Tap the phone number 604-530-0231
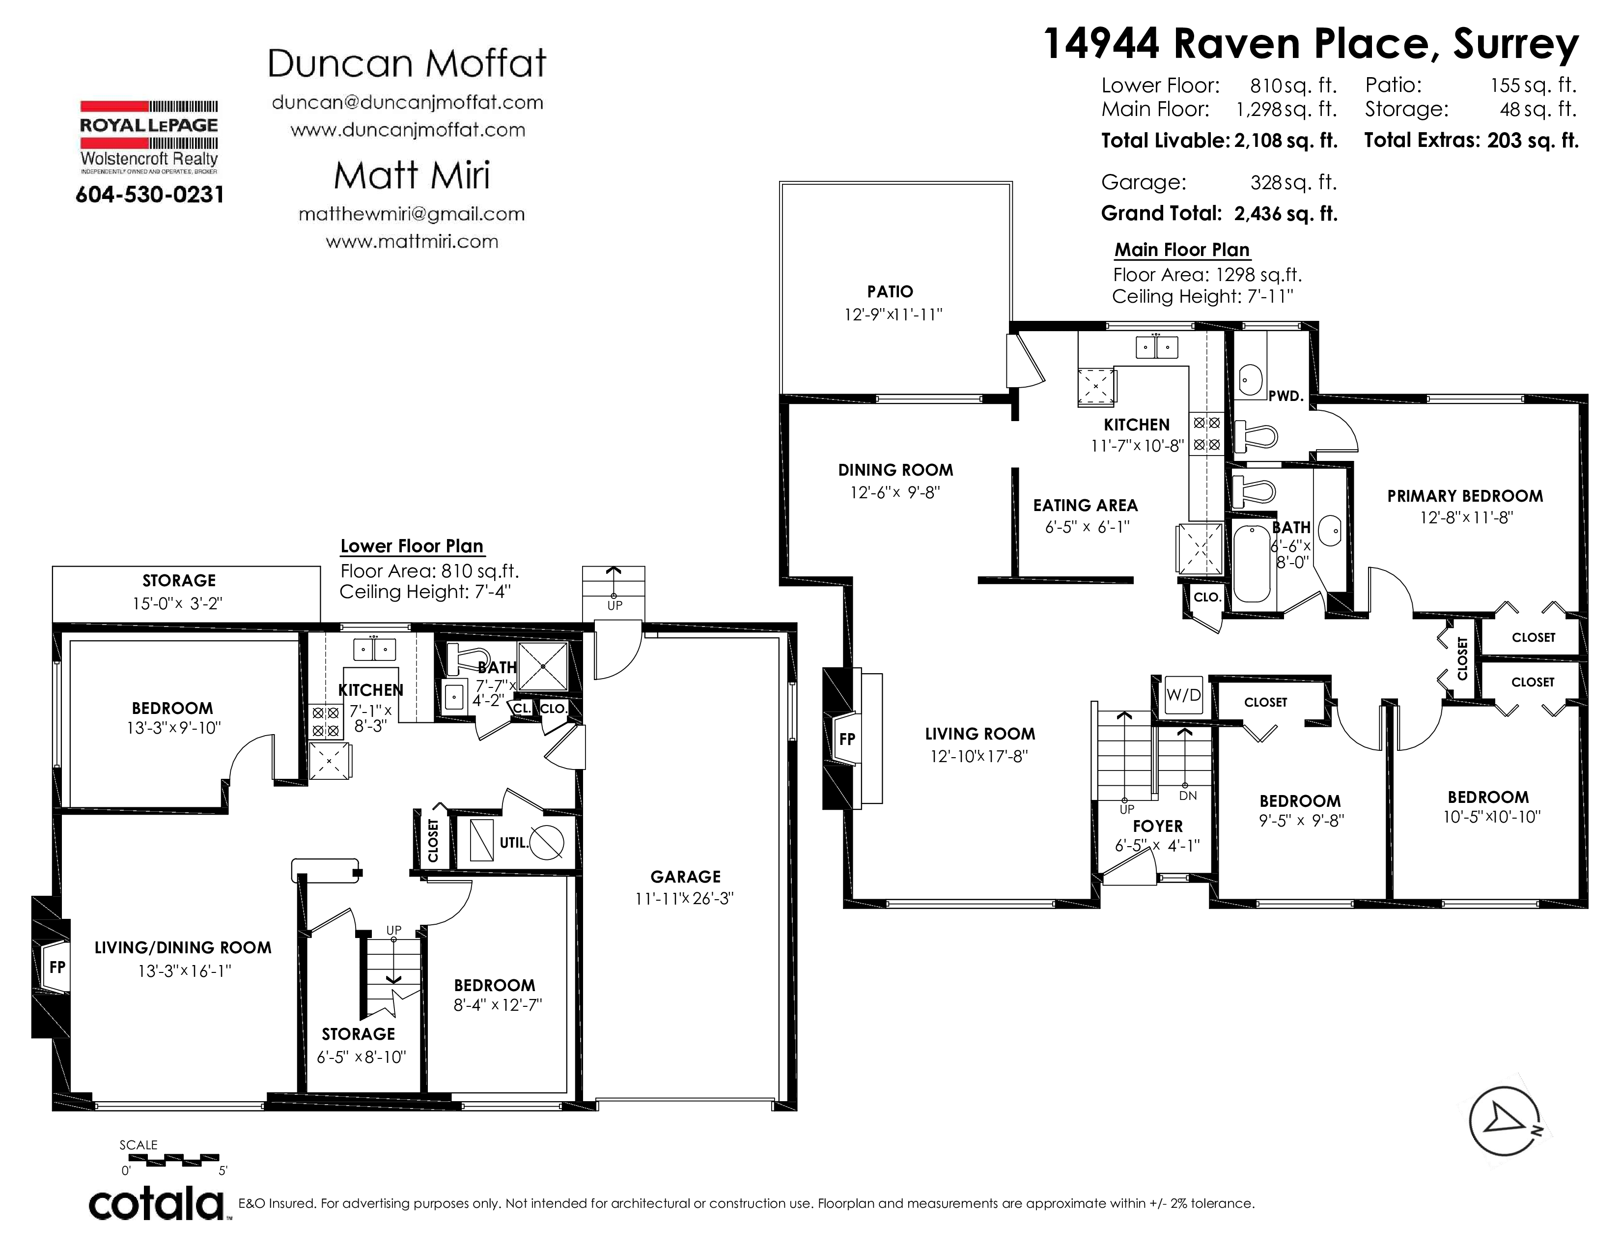(150, 195)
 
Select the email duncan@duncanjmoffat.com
(408, 102)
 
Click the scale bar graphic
(170, 1158)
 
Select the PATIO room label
(890, 292)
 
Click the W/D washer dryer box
(1183, 695)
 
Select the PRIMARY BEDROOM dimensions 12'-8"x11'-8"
(1466, 517)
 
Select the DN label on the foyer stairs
(1188, 796)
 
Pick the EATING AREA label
(1085, 506)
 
